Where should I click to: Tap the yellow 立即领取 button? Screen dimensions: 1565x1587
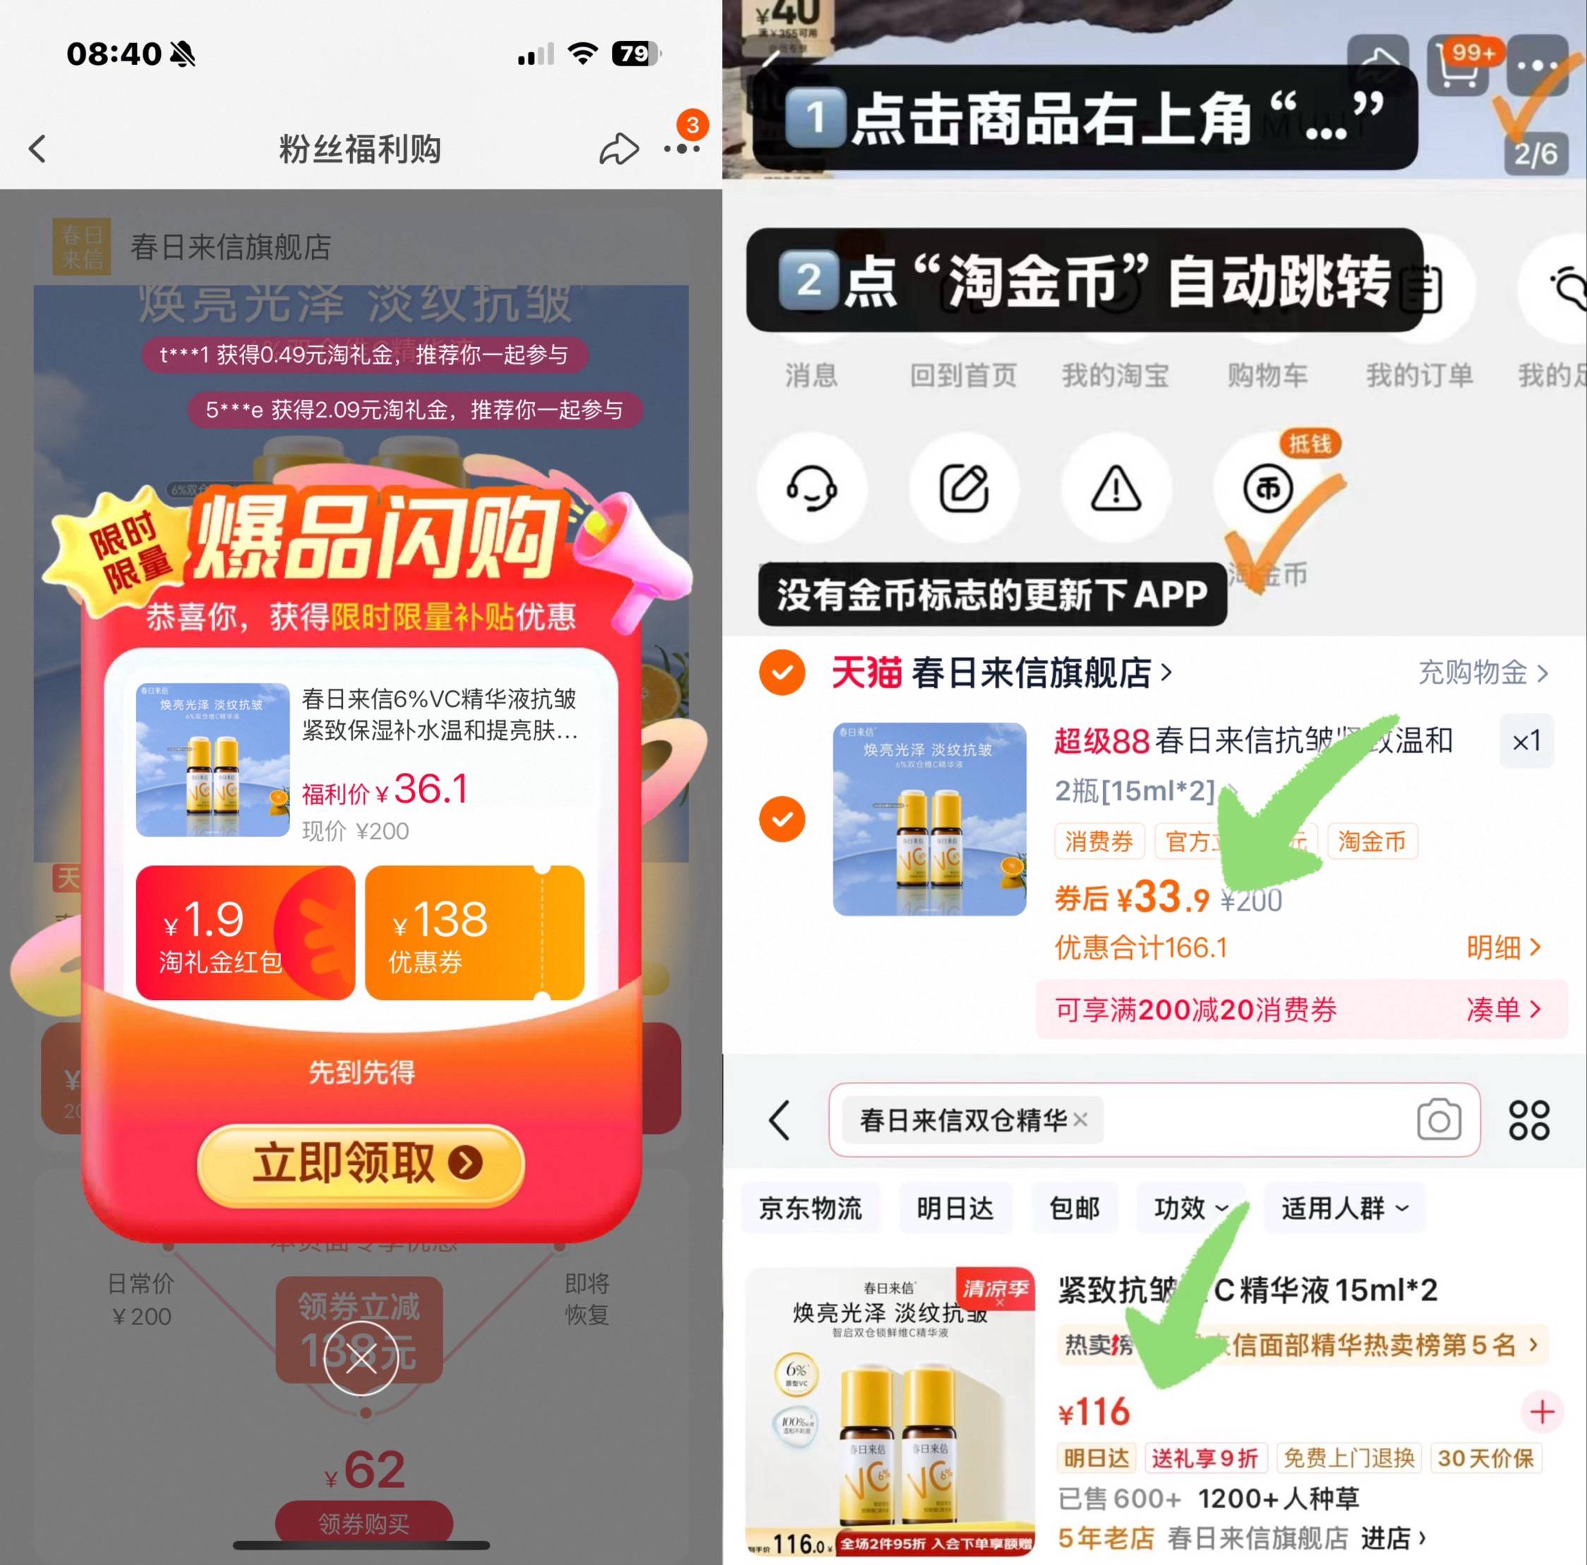click(x=361, y=1164)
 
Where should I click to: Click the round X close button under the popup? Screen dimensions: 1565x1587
click(x=361, y=1359)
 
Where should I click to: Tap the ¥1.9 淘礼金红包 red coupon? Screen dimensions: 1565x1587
click(x=245, y=933)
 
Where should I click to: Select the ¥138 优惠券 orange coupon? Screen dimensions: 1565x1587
click(x=474, y=933)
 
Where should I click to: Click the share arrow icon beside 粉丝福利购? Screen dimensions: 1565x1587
click(x=619, y=149)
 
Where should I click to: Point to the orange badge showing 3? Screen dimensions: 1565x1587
click(x=692, y=125)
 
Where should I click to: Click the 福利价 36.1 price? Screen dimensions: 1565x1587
click(x=386, y=790)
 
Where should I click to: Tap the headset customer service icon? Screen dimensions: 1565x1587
click(x=811, y=489)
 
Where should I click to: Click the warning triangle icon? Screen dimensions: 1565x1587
click(x=1116, y=489)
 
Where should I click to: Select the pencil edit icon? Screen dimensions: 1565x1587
click(x=963, y=489)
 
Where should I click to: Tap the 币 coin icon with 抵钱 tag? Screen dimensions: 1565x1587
click(x=1267, y=489)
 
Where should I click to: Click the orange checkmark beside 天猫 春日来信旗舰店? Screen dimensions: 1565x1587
click(x=782, y=672)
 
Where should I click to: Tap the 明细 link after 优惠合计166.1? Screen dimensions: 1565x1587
click(x=1502, y=948)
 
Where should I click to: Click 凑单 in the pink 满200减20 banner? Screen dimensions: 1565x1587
click(x=1502, y=1009)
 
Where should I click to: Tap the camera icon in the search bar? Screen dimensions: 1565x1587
click(x=1438, y=1120)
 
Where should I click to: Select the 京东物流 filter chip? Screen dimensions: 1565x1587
click(x=810, y=1208)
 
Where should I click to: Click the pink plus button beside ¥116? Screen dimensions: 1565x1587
click(x=1542, y=1412)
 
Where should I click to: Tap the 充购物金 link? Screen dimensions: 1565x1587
click(x=1483, y=672)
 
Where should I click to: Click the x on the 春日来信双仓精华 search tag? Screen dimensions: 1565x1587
click(x=1080, y=1119)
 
